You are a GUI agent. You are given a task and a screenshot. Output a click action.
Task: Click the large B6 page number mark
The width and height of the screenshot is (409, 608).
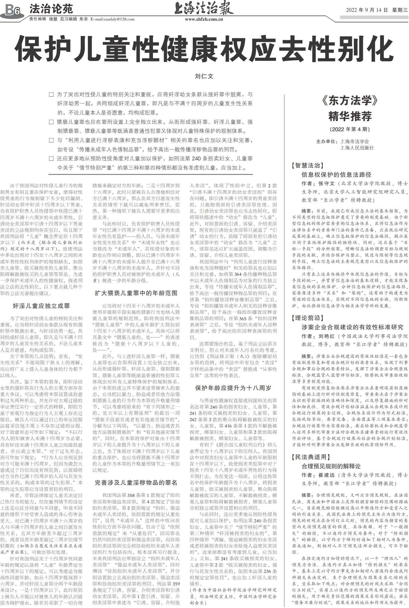[x=12, y=11]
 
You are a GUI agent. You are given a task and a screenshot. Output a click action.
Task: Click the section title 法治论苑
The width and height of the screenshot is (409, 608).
[x=51, y=9]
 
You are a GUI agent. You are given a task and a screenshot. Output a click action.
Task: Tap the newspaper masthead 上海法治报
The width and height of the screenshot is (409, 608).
[x=204, y=8]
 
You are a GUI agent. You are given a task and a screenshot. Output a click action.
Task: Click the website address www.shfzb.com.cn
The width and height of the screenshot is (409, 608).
[x=204, y=19]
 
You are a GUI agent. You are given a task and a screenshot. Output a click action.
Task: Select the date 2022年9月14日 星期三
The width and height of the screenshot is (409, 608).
[x=377, y=10]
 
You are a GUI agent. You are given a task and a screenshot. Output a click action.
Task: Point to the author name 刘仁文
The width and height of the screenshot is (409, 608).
[x=204, y=76]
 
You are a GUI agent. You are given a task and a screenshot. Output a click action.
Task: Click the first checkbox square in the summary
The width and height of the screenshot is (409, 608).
[x=51, y=95]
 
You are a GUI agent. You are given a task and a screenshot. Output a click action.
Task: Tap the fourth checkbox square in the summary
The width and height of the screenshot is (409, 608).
[x=51, y=158]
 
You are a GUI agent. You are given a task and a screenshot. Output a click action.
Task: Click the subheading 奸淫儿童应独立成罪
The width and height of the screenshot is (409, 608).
[x=41, y=306]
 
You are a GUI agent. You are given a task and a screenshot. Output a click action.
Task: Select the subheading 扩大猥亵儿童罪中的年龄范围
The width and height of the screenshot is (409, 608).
[x=136, y=293]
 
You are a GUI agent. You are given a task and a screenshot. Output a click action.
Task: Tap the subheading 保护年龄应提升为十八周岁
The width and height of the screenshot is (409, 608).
[x=233, y=388]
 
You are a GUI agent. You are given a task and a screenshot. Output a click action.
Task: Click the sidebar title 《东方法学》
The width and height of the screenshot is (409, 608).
[x=350, y=101]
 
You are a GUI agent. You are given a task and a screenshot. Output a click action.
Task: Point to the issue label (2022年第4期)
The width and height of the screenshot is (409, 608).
[x=350, y=129]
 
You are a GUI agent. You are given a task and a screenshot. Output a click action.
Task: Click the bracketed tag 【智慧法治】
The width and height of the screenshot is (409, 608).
[x=307, y=166]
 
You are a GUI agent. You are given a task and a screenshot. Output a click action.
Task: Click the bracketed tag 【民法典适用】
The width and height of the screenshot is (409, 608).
[x=309, y=457]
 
